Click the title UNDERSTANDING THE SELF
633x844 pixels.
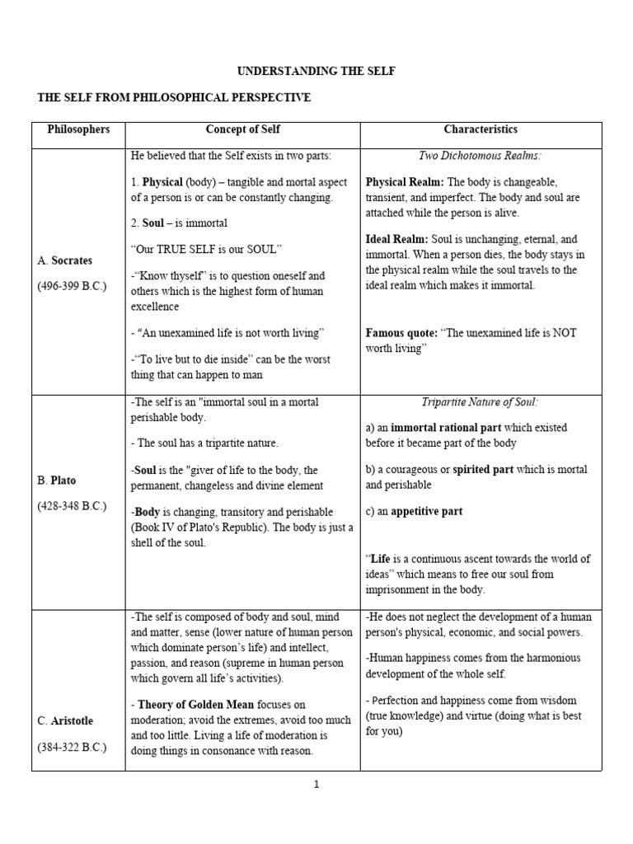[x=316, y=72]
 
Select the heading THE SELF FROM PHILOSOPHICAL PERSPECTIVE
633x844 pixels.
[x=174, y=98]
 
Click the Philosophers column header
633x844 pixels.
[x=78, y=129]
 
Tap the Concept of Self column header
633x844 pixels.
[x=242, y=129]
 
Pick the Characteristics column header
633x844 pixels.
[x=481, y=129]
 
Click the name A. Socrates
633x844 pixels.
[x=65, y=261]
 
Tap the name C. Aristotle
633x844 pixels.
[x=65, y=721]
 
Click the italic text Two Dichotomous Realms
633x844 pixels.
[x=481, y=155]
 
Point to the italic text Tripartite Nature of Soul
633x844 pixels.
[x=481, y=402]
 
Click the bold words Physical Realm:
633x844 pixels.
[x=404, y=181]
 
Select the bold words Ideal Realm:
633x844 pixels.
[x=396, y=239]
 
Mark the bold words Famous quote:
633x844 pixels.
[x=401, y=333]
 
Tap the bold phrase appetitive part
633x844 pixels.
[x=426, y=511]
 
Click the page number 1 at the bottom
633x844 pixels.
[x=316, y=785]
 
